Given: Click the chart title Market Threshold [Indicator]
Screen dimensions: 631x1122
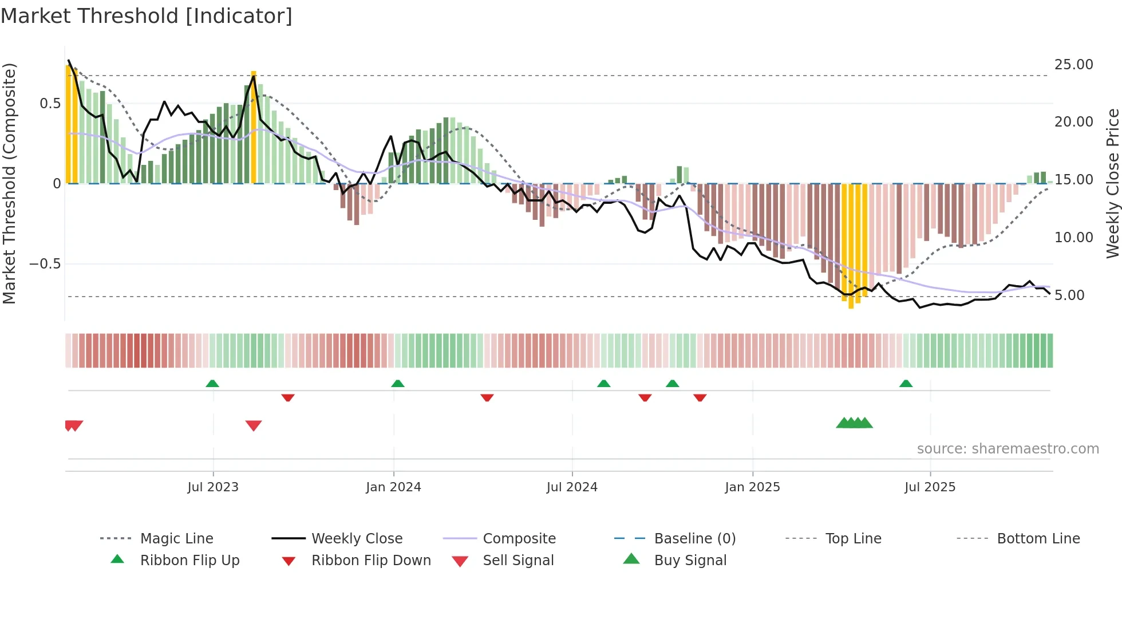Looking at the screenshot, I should point(147,16).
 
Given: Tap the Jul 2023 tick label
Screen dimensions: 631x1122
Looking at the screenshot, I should point(213,487).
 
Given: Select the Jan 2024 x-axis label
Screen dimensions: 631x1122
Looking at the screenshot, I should point(393,487).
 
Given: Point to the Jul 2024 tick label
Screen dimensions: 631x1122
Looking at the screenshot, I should point(572,487).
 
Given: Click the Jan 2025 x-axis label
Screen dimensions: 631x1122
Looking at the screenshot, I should point(752,487).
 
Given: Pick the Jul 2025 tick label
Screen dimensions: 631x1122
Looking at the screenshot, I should point(930,487).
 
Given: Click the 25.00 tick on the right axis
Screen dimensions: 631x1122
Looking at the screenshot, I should point(1074,65).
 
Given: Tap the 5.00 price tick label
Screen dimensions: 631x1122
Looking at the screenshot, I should point(1074,295).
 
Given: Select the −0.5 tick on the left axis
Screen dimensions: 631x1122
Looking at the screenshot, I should point(45,264).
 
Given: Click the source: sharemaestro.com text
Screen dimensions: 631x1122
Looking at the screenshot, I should point(1008,449).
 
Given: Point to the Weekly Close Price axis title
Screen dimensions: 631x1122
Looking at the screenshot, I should point(1112,183).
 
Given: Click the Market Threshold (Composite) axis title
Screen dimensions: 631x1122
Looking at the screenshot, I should point(9,183).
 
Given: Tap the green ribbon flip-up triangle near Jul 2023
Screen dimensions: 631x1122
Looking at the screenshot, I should point(212,384).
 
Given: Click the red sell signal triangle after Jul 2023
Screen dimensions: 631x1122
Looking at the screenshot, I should point(254,425).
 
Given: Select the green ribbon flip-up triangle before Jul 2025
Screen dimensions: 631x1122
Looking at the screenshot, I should point(906,384).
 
